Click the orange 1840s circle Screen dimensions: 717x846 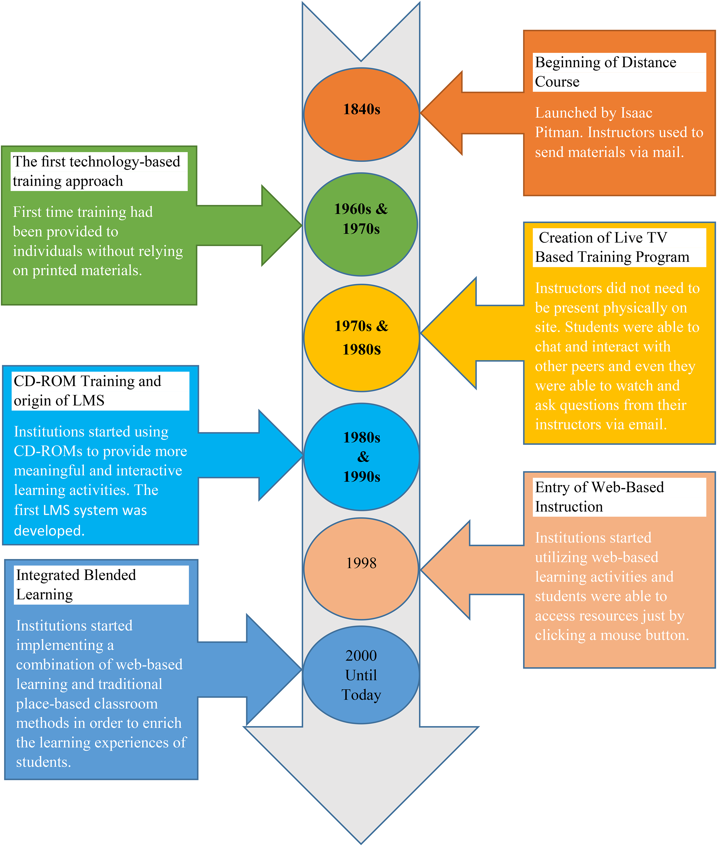click(x=361, y=115)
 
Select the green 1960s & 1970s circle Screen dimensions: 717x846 click(x=361, y=225)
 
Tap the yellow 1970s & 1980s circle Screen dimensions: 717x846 click(x=361, y=338)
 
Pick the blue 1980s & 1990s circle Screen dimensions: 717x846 click(x=361, y=457)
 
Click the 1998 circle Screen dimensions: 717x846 click(x=361, y=569)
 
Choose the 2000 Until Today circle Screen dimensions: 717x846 click(x=361, y=675)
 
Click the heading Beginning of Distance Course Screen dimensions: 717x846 click(x=605, y=72)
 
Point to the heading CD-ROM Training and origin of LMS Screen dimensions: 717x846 click(x=88, y=391)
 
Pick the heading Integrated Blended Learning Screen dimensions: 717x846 click(x=76, y=585)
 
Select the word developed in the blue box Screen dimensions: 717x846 click(x=49, y=531)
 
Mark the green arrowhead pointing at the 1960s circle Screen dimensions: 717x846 click(x=281, y=225)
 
